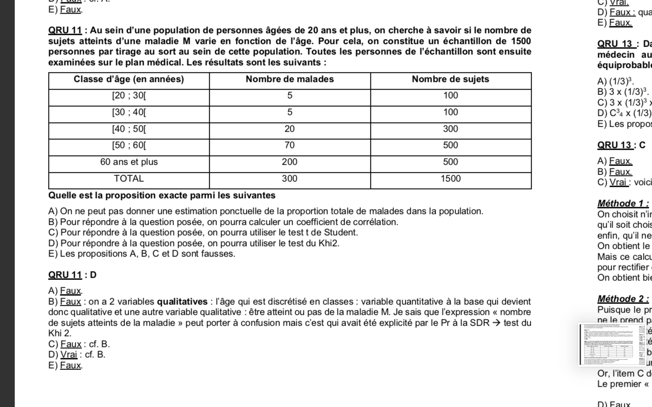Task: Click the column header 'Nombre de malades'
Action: tap(290, 79)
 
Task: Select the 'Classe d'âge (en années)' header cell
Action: tap(129, 79)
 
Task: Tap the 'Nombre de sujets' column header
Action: tap(451, 79)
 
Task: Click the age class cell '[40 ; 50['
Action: tap(129, 129)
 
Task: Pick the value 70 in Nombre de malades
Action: tap(290, 145)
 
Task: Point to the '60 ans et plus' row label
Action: tap(129, 162)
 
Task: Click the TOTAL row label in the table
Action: tap(129, 179)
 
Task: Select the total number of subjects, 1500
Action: tap(451, 179)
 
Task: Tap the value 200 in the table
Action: tap(290, 162)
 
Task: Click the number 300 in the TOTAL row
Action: tap(290, 179)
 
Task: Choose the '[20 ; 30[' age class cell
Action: tap(129, 95)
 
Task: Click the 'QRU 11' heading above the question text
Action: tap(65, 31)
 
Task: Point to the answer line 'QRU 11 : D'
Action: tap(72, 275)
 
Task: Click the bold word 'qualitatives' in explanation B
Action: tap(182, 302)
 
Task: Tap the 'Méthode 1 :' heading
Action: tap(623, 203)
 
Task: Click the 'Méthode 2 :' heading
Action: tap(623, 299)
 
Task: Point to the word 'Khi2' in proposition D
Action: tap(330, 243)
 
